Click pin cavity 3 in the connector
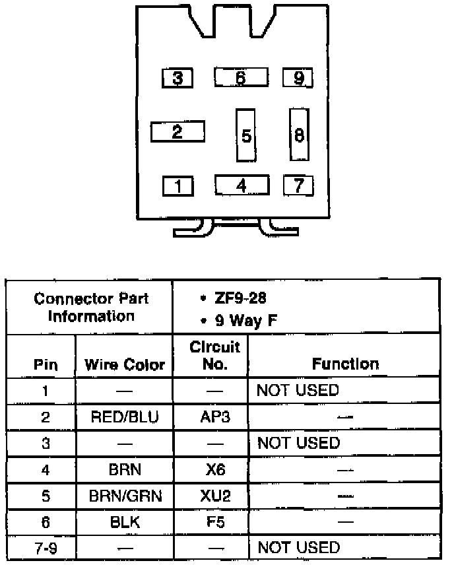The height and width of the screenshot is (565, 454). (x=178, y=79)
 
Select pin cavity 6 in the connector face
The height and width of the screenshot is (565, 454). (x=241, y=78)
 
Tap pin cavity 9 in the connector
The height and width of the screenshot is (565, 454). (x=298, y=79)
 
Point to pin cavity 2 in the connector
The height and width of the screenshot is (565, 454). (x=177, y=131)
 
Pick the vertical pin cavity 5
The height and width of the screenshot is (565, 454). (x=245, y=135)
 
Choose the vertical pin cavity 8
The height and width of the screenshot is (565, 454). (x=299, y=135)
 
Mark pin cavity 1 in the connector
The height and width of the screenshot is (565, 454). (x=178, y=185)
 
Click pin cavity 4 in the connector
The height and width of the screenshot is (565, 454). (x=242, y=185)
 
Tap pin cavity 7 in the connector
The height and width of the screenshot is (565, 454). (x=298, y=185)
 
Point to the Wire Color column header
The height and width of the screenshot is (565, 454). (x=125, y=364)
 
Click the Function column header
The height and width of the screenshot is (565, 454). (x=345, y=364)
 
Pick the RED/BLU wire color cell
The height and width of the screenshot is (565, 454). (x=125, y=416)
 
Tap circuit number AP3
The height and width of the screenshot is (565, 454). (x=214, y=416)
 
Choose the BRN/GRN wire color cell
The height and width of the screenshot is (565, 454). (x=125, y=495)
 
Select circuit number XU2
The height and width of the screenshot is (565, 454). (x=214, y=495)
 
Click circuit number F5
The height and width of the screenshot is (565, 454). (x=214, y=521)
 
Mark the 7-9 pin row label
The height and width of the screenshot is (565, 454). (x=45, y=547)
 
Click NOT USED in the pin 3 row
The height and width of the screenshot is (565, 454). (x=298, y=443)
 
